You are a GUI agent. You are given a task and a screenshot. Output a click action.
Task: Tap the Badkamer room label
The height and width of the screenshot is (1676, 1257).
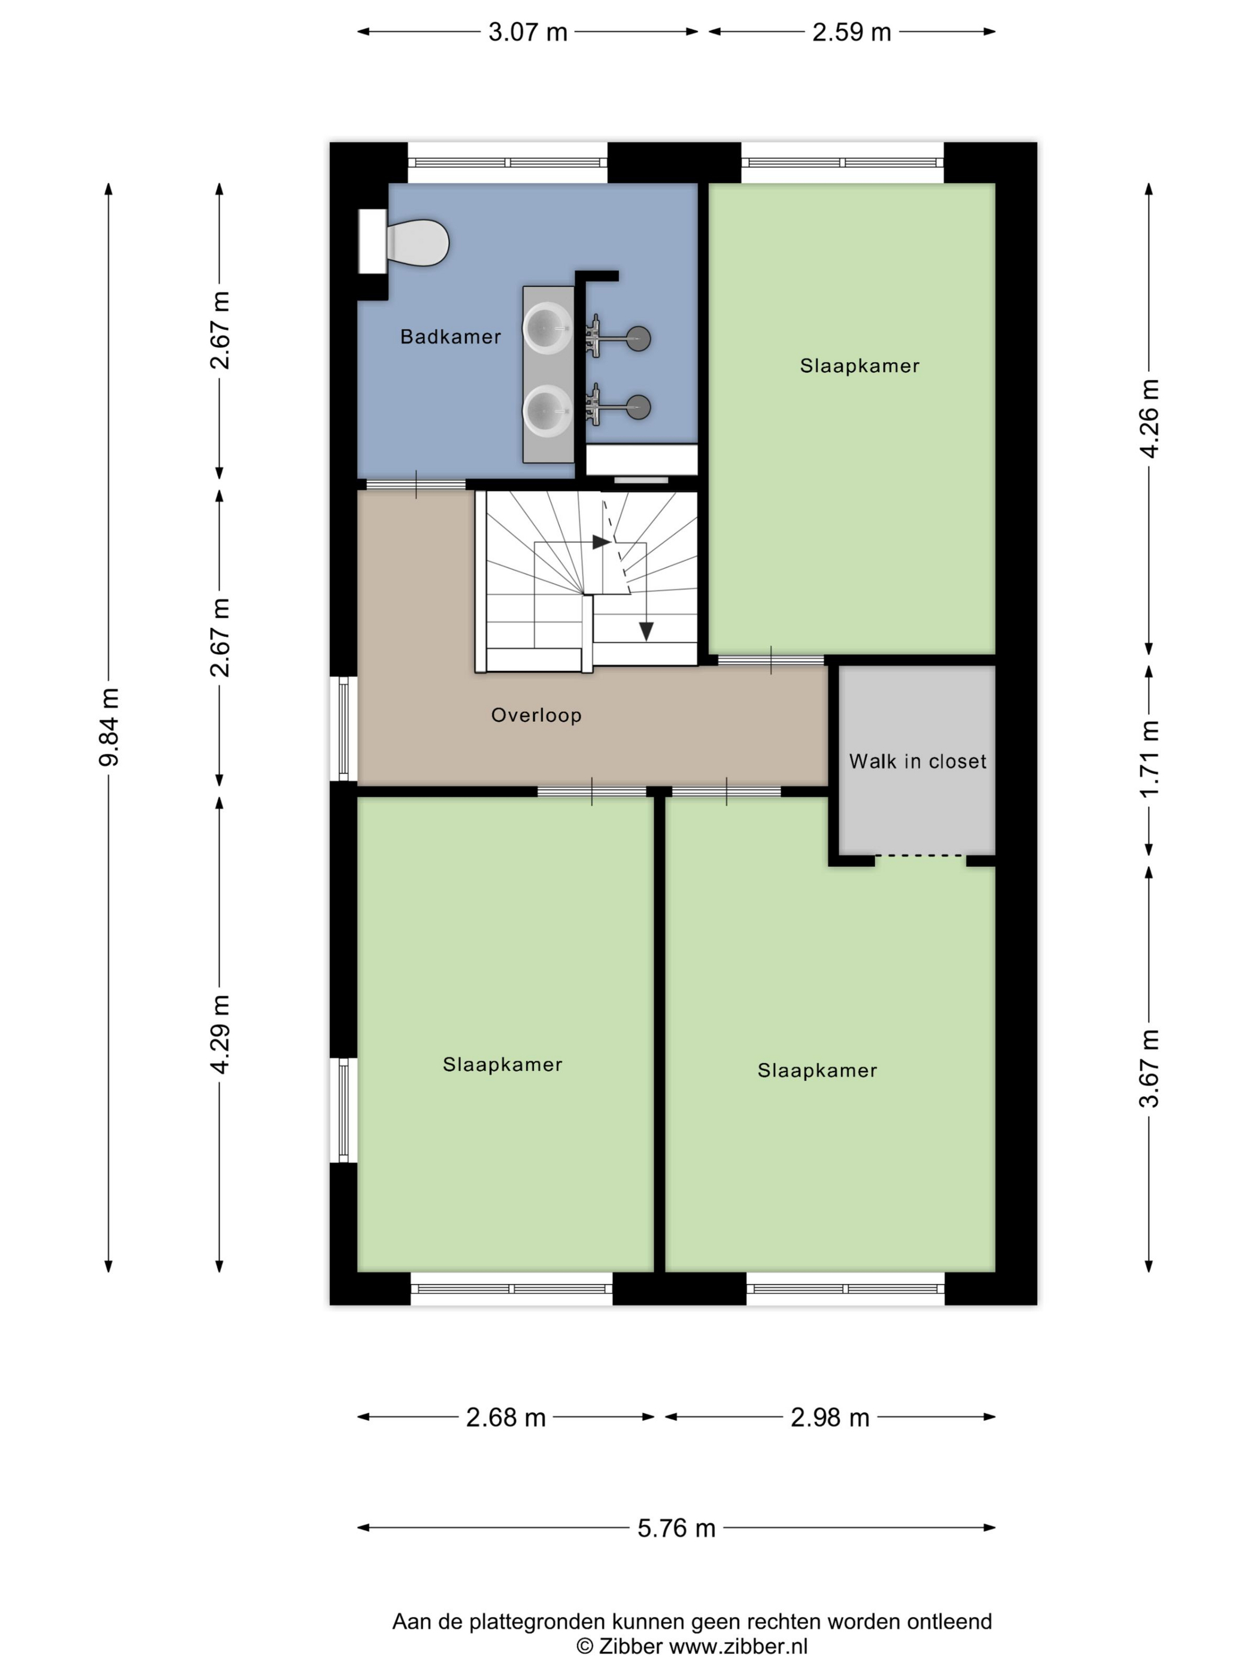point(451,336)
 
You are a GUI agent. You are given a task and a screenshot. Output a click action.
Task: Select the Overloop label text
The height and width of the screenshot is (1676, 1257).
point(536,715)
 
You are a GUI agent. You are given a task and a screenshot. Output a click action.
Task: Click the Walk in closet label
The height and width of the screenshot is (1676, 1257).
point(918,761)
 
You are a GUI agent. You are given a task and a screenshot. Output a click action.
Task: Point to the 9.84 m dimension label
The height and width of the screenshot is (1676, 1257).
point(109,727)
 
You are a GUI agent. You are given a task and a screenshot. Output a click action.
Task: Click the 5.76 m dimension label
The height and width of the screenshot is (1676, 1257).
point(676,1528)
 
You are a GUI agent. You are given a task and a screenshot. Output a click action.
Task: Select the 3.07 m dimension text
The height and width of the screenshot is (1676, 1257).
point(528,32)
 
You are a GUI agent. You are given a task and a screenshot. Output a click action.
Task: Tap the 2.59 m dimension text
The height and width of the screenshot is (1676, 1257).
point(852,32)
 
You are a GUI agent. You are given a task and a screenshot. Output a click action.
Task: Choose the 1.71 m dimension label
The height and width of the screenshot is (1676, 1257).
point(1149,758)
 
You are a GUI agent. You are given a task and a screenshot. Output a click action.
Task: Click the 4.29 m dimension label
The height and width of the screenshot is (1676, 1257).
point(220,1034)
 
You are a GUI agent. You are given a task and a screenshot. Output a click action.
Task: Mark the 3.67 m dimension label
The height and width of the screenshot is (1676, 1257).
point(1149,1068)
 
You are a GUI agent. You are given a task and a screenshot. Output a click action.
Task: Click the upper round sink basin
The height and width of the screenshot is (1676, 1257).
point(548,328)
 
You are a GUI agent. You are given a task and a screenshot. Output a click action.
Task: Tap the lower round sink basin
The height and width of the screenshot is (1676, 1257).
point(548,411)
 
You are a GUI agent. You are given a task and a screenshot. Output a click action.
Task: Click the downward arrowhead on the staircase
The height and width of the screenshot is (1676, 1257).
point(645,631)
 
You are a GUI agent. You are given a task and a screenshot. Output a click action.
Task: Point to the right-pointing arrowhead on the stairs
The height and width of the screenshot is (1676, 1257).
point(602,542)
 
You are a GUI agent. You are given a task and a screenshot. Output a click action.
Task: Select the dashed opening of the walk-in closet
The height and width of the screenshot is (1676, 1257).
point(921,856)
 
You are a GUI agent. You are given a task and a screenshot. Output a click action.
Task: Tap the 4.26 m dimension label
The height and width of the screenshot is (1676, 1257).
point(1149,418)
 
